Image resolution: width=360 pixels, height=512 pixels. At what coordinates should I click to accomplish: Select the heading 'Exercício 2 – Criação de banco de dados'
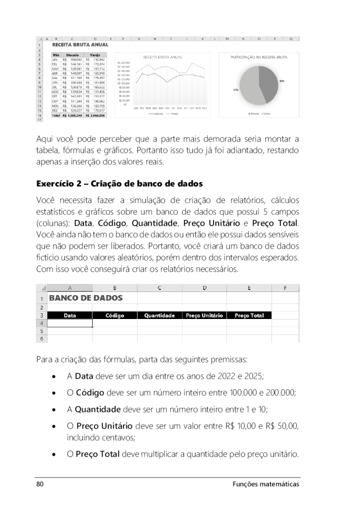click(119, 184)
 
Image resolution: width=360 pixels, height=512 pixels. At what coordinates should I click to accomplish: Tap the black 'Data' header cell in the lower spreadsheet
click(70, 315)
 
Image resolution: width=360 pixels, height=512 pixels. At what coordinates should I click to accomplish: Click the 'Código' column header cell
click(114, 315)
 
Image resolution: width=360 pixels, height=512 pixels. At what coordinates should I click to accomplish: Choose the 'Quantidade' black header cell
click(159, 315)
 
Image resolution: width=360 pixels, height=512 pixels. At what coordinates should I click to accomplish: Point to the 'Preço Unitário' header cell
click(204, 315)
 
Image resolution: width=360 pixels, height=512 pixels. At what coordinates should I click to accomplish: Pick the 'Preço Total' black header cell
click(249, 315)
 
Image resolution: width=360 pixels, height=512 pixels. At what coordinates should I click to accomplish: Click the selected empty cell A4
click(70, 323)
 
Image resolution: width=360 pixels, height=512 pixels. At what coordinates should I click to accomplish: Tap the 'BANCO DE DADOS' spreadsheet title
click(85, 298)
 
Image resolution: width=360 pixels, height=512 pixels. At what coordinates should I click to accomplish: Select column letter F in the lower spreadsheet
click(285, 288)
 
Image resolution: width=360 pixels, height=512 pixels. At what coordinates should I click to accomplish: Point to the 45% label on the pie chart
click(282, 80)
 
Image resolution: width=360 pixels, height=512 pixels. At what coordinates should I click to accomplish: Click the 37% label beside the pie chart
click(235, 89)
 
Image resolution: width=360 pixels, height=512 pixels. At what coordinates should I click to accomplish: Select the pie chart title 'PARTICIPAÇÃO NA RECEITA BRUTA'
click(259, 57)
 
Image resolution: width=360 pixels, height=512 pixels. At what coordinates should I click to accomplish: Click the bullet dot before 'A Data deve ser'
click(53, 376)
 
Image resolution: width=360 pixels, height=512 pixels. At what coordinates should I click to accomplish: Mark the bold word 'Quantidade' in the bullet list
click(97, 409)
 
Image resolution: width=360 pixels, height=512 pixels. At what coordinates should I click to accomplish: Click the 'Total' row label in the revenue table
click(56, 115)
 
